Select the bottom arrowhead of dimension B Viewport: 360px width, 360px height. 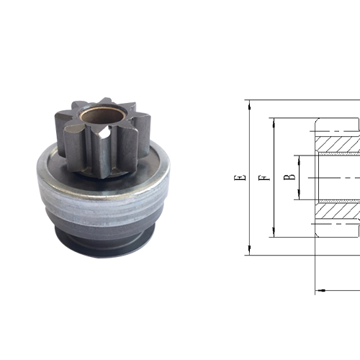pyautogui.click(x=297, y=197)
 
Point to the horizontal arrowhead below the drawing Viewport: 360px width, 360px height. pyautogui.click(x=320, y=291)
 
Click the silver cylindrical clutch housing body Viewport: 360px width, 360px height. pyautogui.click(x=101, y=202)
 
